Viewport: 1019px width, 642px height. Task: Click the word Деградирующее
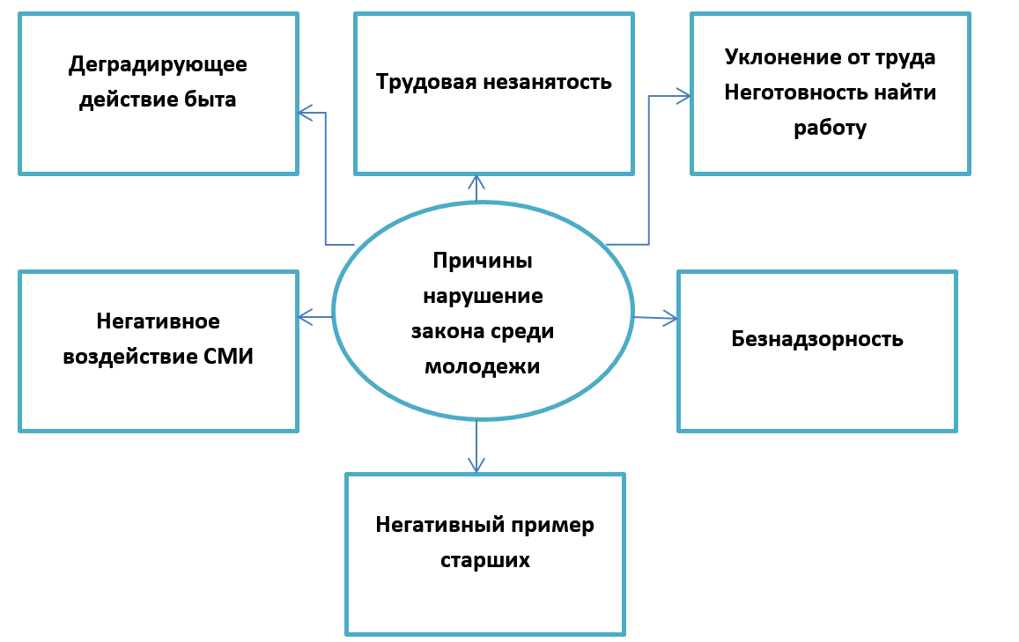(x=158, y=65)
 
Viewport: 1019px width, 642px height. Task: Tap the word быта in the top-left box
(x=210, y=100)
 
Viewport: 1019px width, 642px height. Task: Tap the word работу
(x=830, y=128)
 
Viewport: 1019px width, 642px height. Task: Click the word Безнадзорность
(x=817, y=339)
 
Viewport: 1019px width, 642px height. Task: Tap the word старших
(x=485, y=560)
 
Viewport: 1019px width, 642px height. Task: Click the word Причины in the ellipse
(x=483, y=261)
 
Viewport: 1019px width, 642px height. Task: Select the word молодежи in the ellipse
(x=482, y=366)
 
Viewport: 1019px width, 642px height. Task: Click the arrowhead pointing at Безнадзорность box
(x=672, y=318)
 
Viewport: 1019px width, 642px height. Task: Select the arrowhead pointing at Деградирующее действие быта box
(x=304, y=113)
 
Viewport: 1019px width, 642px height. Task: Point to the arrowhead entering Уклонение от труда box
(x=684, y=96)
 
